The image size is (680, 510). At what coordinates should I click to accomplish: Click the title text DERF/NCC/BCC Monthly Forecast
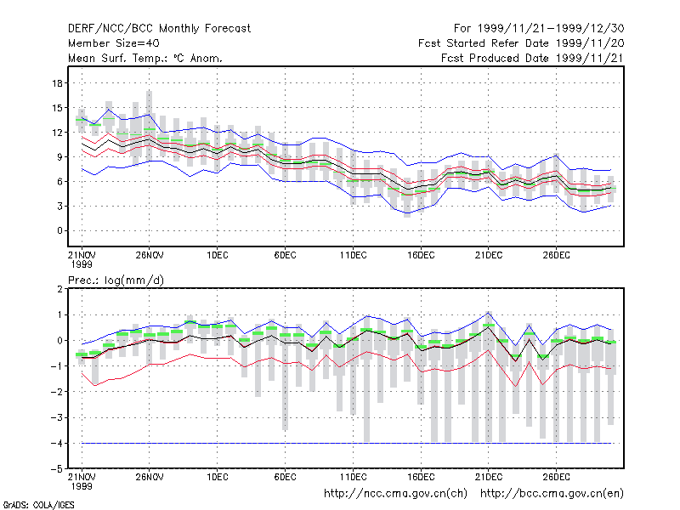tap(159, 29)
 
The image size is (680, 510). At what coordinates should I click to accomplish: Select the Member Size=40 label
tap(114, 43)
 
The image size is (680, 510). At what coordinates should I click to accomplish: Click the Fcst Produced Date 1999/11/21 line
tap(532, 58)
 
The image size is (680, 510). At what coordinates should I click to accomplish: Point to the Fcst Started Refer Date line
tap(521, 43)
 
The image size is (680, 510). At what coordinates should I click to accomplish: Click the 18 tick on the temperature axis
tap(58, 83)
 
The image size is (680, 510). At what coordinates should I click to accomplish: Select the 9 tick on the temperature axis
tap(59, 157)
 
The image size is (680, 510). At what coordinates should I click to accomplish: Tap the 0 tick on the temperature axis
tap(59, 230)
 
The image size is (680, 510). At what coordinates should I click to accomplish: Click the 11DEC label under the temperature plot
tap(353, 255)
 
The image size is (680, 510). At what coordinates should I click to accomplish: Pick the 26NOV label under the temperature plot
tap(150, 255)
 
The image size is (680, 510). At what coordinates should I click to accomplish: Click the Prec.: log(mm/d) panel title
tap(116, 280)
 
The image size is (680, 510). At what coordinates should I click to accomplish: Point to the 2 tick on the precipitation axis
tap(59, 289)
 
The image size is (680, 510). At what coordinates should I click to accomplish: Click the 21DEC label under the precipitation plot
tap(488, 477)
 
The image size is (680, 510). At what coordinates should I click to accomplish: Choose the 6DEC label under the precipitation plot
tap(285, 477)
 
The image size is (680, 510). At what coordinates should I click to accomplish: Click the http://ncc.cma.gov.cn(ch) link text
tap(395, 494)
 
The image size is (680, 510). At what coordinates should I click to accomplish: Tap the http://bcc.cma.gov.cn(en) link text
tap(552, 494)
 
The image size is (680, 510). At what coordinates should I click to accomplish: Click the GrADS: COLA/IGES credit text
tap(38, 505)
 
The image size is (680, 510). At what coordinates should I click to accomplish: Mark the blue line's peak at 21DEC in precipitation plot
tap(488, 312)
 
